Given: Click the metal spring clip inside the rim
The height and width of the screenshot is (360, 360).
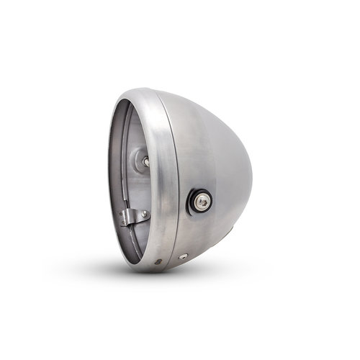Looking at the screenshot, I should [133, 217].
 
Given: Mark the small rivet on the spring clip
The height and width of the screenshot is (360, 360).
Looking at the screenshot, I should [143, 214].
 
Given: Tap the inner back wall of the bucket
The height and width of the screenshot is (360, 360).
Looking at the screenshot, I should [130, 180].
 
